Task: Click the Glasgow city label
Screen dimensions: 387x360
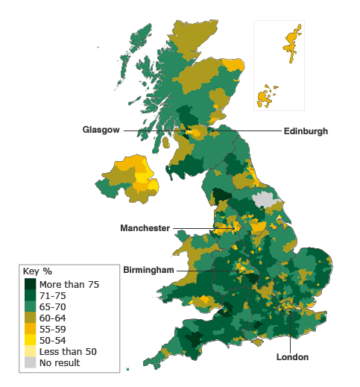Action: (x=101, y=130)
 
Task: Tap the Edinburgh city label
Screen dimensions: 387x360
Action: (x=306, y=130)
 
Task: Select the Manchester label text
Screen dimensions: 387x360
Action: (x=145, y=228)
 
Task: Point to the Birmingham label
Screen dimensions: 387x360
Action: (x=148, y=269)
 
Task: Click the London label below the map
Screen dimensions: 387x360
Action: (x=292, y=357)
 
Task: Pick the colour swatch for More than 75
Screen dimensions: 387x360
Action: (x=30, y=284)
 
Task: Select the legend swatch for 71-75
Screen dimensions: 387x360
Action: (x=30, y=295)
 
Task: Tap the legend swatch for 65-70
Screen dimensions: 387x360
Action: (x=30, y=306)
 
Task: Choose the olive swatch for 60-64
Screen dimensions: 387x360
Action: (x=30, y=318)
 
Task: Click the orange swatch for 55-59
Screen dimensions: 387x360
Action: (x=30, y=329)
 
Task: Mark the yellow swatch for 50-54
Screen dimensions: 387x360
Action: (x=30, y=340)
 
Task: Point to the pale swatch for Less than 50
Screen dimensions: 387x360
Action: (x=30, y=351)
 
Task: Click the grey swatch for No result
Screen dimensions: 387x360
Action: (x=30, y=362)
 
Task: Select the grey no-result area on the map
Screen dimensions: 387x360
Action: (x=264, y=199)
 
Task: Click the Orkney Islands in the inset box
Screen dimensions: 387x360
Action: (x=265, y=98)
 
